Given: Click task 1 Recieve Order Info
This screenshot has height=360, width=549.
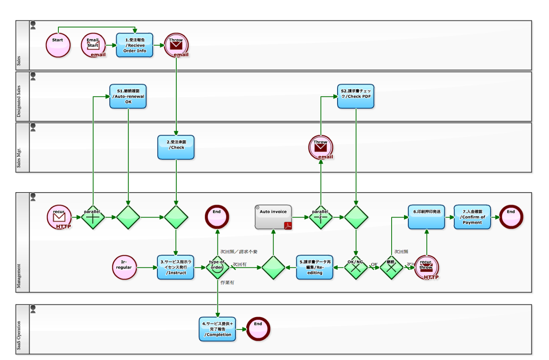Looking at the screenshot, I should tap(134, 45).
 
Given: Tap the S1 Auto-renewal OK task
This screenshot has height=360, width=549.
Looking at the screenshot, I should tap(128, 96).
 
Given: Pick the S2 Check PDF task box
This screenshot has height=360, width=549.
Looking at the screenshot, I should tap(356, 96).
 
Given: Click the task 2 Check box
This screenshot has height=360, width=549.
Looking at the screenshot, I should tap(176, 147).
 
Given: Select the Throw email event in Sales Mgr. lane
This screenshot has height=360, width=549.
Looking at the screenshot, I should tap(320, 147).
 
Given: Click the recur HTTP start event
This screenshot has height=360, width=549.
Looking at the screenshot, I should tap(59, 217).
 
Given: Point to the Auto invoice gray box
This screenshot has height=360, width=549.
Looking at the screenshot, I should tap(273, 217).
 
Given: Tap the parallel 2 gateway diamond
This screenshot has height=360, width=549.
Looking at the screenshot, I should tap(321, 217).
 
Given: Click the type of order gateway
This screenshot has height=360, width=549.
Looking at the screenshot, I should tap(218, 267).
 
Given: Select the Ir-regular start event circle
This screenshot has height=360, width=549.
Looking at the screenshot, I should tap(124, 267).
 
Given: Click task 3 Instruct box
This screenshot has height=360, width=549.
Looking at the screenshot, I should tap(175, 267).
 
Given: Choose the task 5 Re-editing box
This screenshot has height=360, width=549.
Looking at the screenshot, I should tap(314, 267).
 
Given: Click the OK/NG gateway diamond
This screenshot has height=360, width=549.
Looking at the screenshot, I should tap(356, 267).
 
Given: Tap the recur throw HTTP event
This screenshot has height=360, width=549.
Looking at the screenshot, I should tap(426, 267).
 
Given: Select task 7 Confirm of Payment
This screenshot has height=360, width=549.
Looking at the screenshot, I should tap(472, 217).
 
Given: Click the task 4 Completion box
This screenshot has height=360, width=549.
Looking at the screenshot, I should tap(217, 329).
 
